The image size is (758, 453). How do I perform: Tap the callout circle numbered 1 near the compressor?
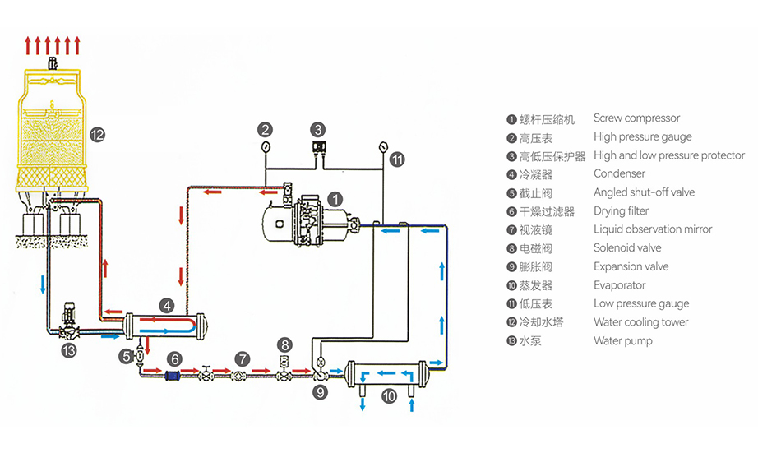tap(335, 198)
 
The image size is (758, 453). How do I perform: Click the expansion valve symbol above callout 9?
tap(319, 362)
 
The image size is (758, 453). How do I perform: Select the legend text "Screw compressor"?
tap(636, 118)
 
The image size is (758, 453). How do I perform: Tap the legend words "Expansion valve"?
tap(631, 266)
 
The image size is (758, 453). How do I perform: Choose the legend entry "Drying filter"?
tap(621, 211)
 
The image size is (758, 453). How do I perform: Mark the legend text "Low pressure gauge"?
tap(641, 303)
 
